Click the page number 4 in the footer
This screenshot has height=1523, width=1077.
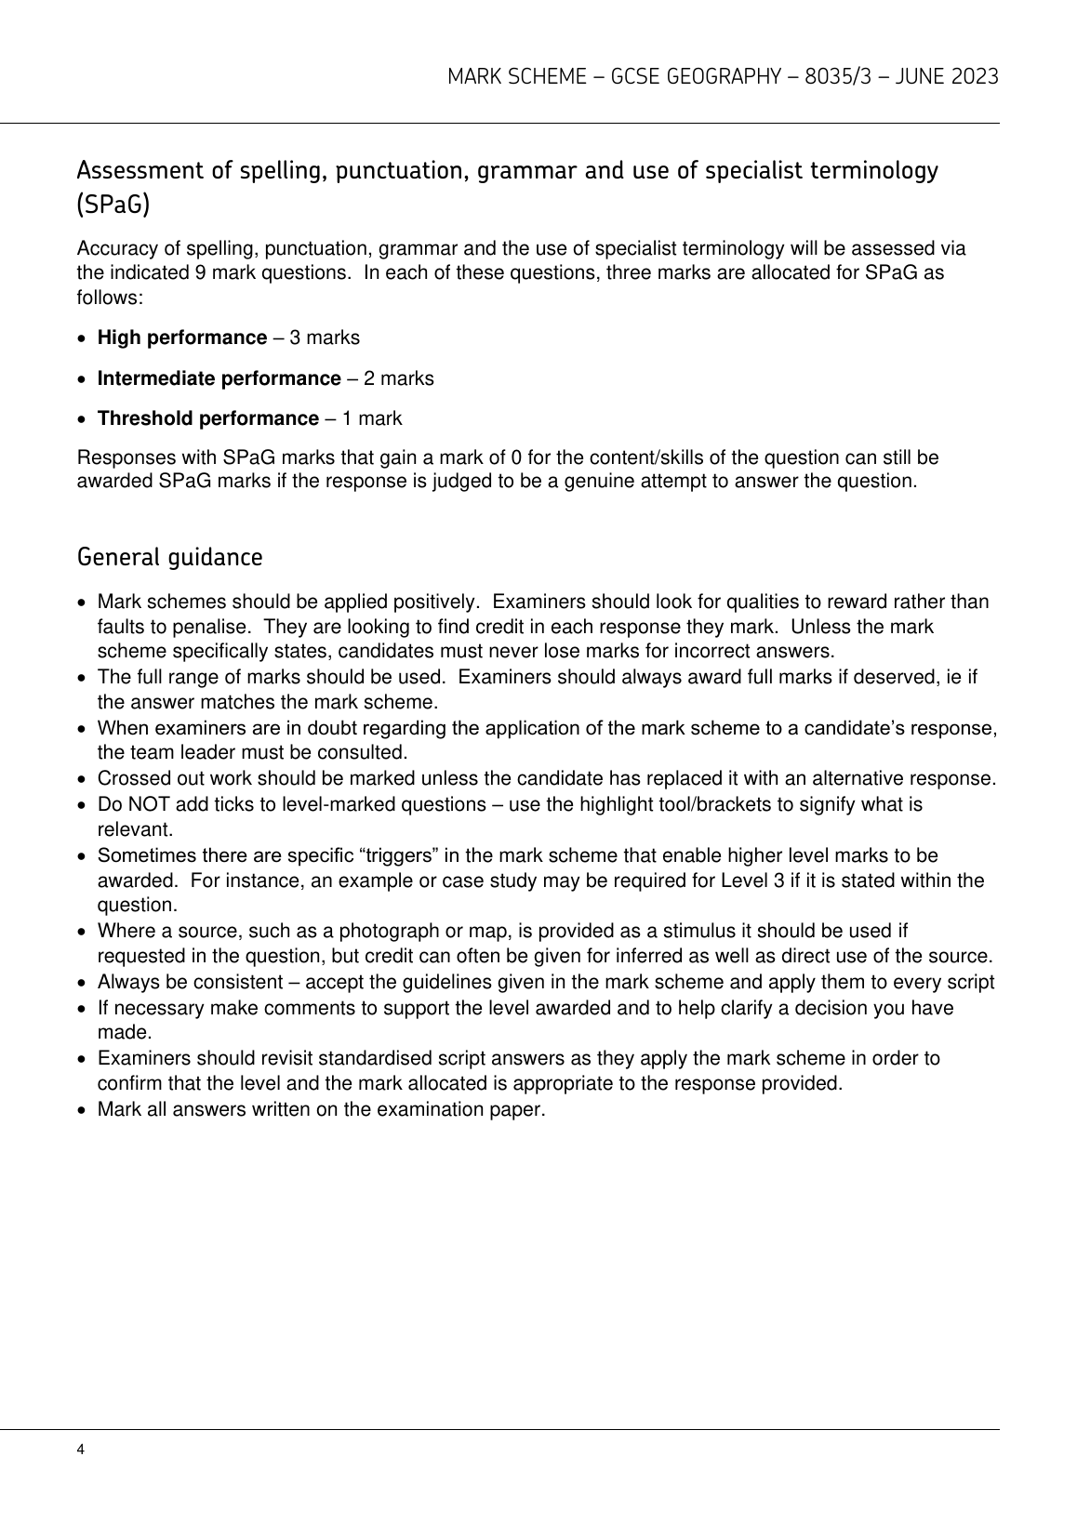pos(81,1450)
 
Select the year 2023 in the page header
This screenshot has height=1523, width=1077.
pos(975,77)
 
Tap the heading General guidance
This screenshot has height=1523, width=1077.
pos(169,558)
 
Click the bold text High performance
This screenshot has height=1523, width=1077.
pos(182,338)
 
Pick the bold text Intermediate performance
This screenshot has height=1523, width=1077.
pos(219,378)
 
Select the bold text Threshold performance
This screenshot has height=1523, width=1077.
pos(207,418)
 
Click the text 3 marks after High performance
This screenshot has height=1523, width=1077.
pos(325,338)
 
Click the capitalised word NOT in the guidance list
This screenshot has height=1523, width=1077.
pos(144,804)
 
